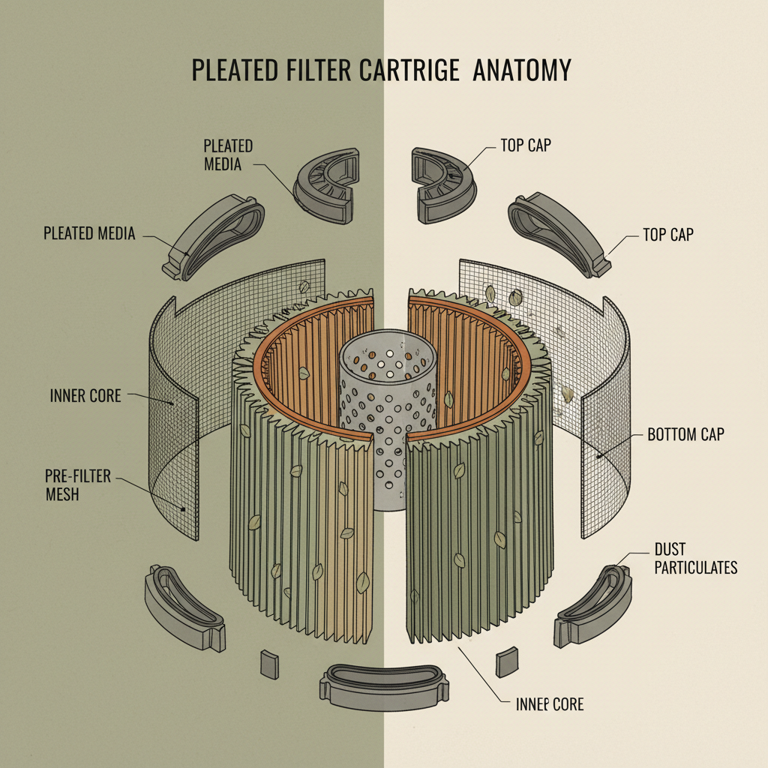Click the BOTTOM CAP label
685,435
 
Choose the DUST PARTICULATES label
695,559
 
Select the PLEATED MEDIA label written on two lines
228,154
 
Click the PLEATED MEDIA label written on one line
89,234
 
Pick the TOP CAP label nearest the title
525,145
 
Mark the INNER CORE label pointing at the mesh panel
85,395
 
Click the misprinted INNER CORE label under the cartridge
550,704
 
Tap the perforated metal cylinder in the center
386,420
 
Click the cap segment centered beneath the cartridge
387,683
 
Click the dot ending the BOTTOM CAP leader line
598,455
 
